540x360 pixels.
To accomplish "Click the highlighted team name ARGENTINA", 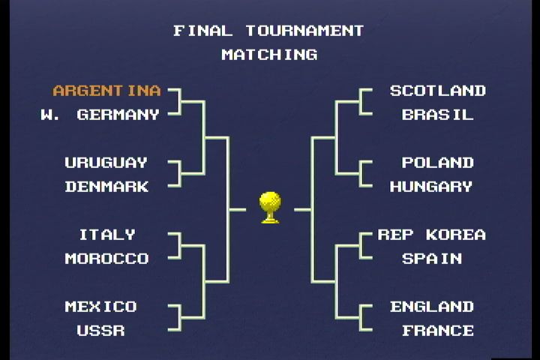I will coord(106,91).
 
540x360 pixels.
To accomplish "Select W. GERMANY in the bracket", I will coord(100,115).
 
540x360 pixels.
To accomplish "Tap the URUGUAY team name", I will coord(106,163).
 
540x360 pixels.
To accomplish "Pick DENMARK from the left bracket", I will coord(106,187).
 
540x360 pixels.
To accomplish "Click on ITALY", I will coord(107,235).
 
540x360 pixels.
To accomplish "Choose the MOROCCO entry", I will coord(106,259).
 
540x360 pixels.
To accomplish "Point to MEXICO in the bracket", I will coord(100,307).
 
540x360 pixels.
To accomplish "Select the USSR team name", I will coord(100,331).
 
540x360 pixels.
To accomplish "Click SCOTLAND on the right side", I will coord(438,91).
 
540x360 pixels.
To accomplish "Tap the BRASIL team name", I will coord(438,115).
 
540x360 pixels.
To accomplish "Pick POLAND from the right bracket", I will coord(438,163).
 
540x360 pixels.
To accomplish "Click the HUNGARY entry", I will coord(431,187).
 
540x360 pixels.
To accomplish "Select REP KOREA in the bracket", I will coord(431,235).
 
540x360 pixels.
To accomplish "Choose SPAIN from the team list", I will coord(431,259).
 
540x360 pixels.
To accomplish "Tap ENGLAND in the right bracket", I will coord(432,307).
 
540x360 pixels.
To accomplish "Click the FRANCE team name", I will coord(438,331).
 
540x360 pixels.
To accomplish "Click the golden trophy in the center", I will coord(270,207).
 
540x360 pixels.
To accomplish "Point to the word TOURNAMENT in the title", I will coord(304,31).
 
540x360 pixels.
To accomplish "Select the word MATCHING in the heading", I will coord(269,55).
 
